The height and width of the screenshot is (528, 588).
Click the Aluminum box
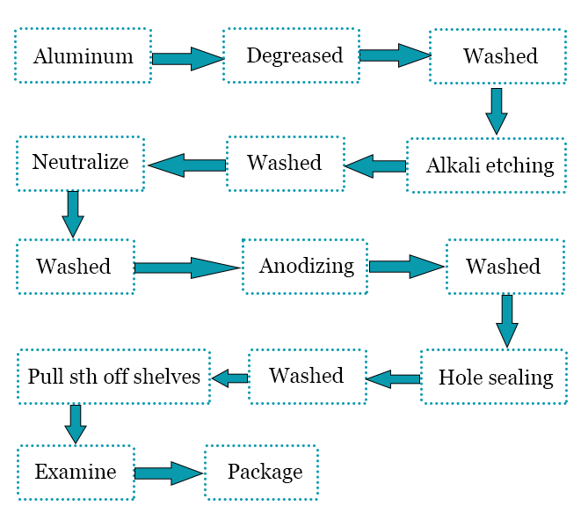click(83, 56)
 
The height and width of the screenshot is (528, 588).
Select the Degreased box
click(291, 56)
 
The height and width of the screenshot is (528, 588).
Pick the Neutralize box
click(79, 163)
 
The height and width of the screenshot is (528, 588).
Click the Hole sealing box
click(495, 377)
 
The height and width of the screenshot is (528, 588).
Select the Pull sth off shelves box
click(113, 377)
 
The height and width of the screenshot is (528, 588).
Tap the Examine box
click(76, 473)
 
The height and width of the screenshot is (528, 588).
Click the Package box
click(261, 473)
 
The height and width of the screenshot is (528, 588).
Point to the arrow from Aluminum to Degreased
click(187, 59)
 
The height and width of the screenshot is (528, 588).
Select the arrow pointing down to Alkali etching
click(497, 111)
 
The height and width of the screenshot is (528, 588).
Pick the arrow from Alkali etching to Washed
click(378, 165)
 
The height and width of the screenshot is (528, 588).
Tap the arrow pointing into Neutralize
click(188, 164)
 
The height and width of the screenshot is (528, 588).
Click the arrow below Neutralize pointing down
click(74, 214)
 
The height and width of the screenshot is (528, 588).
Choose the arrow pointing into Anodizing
click(188, 268)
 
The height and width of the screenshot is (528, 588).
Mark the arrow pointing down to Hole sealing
click(506, 320)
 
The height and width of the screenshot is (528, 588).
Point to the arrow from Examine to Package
click(169, 473)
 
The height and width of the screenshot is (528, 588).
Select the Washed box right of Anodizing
click(504, 266)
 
